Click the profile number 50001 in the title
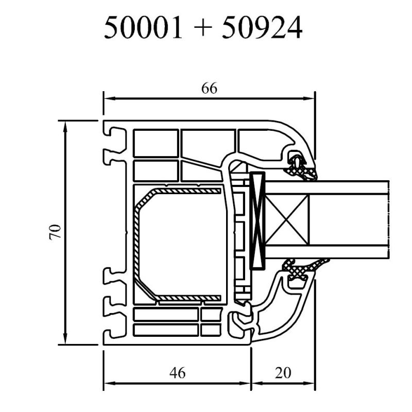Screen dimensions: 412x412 click(x=143, y=28)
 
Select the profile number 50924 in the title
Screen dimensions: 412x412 click(x=262, y=28)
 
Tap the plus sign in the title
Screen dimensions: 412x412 click(x=202, y=28)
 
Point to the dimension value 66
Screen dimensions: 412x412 click(x=209, y=88)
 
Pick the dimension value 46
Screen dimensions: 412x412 click(x=177, y=372)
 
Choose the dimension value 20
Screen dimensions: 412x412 click(x=283, y=372)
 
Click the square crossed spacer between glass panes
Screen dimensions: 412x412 click(x=286, y=220)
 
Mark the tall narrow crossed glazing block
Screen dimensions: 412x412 click(x=257, y=221)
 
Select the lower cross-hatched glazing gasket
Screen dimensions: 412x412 click(x=305, y=267)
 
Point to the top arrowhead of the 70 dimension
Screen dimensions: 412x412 click(x=65, y=127)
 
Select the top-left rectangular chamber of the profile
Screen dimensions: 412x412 click(x=156, y=143)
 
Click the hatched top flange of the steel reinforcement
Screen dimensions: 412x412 click(x=187, y=191)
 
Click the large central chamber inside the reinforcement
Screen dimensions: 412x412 click(x=181, y=244)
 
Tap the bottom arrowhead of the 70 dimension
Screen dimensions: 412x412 click(x=65, y=338)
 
